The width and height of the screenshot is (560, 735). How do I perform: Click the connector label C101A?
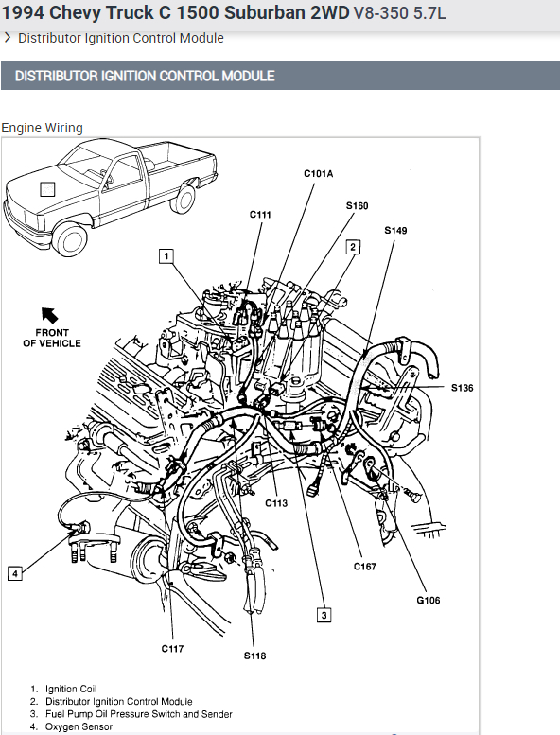pos(318,174)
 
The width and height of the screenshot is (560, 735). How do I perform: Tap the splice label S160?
pos(357,206)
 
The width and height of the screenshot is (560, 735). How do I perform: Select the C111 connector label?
pos(260,215)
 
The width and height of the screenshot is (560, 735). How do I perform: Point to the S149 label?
pos(395,231)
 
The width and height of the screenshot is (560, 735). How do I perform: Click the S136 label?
pos(462,388)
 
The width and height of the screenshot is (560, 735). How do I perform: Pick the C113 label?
pos(276,503)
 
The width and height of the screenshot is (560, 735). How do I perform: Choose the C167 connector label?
pos(365,567)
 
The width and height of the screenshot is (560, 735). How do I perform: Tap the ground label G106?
pos(429,600)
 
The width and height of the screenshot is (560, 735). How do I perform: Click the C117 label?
pos(172,649)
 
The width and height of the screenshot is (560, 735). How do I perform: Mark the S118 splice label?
pos(254,656)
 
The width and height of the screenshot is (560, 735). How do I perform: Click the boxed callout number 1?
pos(166,256)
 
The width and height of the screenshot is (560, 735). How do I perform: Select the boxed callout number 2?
pos(353,247)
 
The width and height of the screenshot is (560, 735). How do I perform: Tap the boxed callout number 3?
pos(324,615)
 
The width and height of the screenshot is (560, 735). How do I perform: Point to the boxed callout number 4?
pos(15,573)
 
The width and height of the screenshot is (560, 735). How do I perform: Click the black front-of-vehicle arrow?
pos(49,315)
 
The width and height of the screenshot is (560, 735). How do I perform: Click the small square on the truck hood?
pos(47,189)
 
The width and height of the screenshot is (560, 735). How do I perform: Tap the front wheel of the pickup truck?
pos(71,240)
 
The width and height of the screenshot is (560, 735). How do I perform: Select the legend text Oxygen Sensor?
pos(79,726)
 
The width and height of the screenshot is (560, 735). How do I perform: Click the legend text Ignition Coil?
pos(71,689)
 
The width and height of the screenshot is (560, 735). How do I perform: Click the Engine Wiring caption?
pos(43,128)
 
